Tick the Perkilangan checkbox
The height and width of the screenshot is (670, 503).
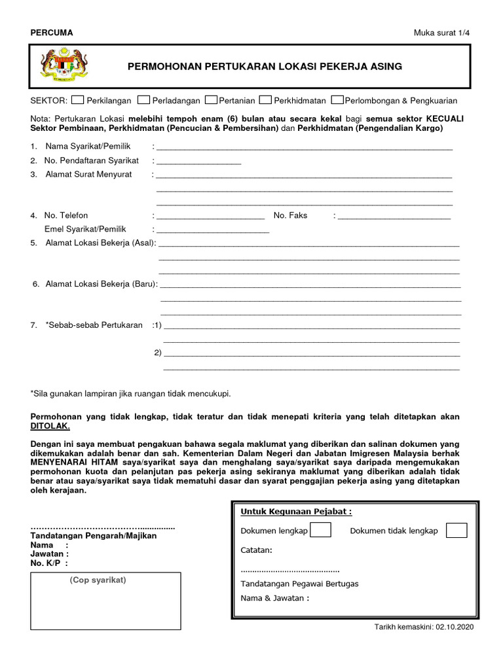point(77,100)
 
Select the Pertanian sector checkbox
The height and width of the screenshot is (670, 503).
point(211,100)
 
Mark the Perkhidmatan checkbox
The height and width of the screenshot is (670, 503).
point(265,100)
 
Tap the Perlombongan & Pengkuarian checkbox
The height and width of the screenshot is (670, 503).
point(337,100)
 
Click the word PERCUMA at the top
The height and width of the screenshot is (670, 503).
point(52,33)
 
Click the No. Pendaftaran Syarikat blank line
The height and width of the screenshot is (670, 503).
point(198,162)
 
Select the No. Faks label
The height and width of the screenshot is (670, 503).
point(290,215)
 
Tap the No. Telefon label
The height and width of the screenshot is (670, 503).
point(65,215)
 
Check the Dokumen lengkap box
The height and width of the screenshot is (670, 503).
point(320,530)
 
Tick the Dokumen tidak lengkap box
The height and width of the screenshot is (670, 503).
point(456,530)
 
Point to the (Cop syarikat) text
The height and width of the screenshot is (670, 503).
point(98,580)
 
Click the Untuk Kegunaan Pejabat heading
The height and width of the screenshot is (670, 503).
point(296,511)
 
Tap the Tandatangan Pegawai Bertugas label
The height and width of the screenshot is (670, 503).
point(299,584)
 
